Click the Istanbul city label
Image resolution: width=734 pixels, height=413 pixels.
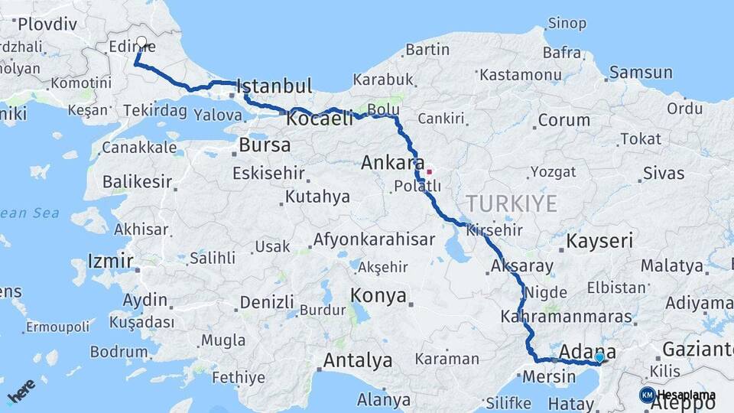pyautogui.click(x=275, y=85)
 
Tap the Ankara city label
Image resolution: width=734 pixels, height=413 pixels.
pyautogui.click(x=392, y=163)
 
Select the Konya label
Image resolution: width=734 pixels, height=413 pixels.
pyautogui.click(x=378, y=296)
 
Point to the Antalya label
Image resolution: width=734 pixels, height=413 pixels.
pyautogui.click(x=358, y=359)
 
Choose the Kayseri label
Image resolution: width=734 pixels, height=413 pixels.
pyautogui.click(x=600, y=242)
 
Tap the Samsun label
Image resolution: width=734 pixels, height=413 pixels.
pyautogui.click(x=641, y=73)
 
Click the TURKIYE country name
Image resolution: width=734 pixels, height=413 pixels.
pyautogui.click(x=512, y=203)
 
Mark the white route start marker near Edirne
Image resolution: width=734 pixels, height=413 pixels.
pyautogui.click(x=141, y=42)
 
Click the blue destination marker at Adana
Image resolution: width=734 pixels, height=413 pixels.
pyautogui.click(x=599, y=357)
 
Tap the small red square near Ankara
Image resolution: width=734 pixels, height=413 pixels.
pyautogui.click(x=429, y=171)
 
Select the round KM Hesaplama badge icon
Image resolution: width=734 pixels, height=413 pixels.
pyautogui.click(x=647, y=395)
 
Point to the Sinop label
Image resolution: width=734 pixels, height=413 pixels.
pyautogui.click(x=567, y=24)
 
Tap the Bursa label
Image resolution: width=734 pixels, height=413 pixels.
pyautogui.click(x=265, y=145)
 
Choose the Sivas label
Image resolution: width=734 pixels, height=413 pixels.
pyautogui.click(x=663, y=173)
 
